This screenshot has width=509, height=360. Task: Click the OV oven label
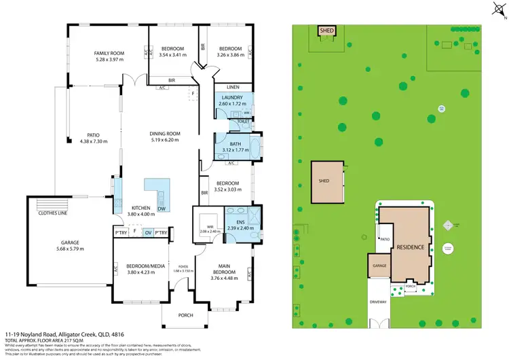coord(148,232)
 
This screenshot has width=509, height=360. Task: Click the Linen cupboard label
coord(232,87)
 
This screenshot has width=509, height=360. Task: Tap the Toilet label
coord(242,122)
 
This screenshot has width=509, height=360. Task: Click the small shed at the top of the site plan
coord(326,30)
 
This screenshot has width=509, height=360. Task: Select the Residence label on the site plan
coord(411,247)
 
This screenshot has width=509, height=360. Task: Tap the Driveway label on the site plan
coord(379,302)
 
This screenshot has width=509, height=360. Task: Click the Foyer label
coord(183,266)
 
